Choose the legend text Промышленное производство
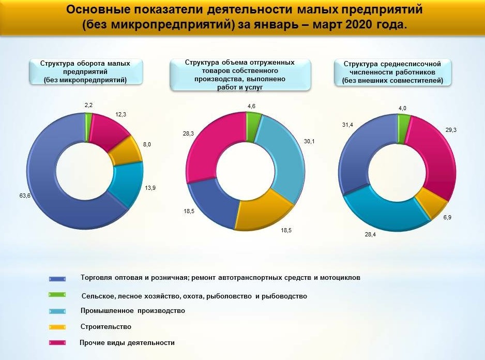click(132, 311)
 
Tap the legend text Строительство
click(106, 327)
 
